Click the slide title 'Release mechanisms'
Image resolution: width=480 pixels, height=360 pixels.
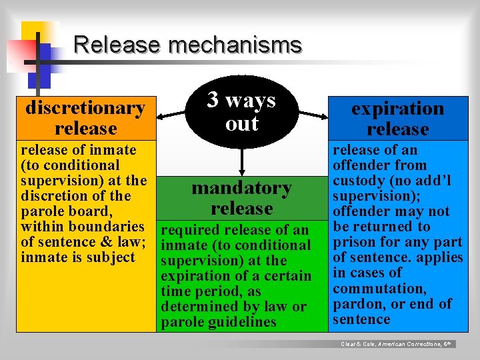click(187, 45)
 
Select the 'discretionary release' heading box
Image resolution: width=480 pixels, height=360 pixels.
click(85, 117)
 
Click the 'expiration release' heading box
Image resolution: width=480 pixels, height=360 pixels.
click(397, 118)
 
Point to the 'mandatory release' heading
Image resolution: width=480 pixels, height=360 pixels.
click(241, 198)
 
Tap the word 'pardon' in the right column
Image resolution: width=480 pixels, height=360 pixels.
click(355, 304)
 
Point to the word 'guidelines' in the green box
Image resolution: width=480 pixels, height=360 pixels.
click(243, 322)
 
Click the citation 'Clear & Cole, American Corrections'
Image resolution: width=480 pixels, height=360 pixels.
click(397, 344)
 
